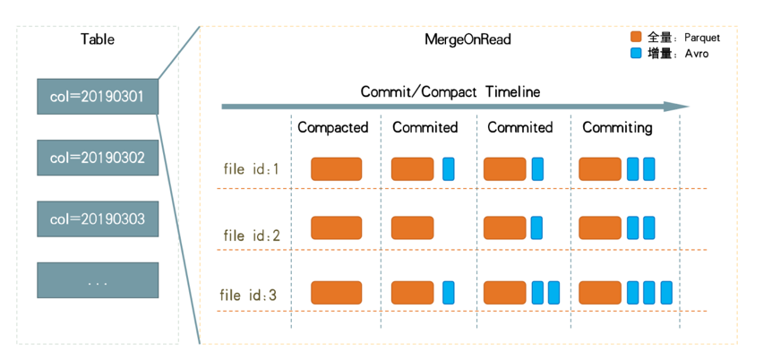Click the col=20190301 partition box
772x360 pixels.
[98, 97]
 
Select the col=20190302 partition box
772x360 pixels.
[98, 158]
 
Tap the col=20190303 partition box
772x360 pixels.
[98, 219]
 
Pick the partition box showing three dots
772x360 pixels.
[98, 280]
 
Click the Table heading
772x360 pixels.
[98, 39]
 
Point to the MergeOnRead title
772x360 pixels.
[467, 39]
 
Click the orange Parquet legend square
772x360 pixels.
[636, 37]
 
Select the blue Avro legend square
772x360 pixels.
[636, 53]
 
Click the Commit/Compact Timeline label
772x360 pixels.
[450, 91]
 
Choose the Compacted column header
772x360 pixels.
[333, 127]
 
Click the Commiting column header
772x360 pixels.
[617, 127]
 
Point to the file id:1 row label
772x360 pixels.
[251, 169]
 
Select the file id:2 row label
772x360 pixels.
[252, 236]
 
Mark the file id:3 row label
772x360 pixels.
[248, 296]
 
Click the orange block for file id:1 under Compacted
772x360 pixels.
[336, 169]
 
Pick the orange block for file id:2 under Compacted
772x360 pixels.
[336, 228]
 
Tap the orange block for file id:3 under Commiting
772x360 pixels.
[600, 293]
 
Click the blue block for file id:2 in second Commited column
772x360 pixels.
[537, 228]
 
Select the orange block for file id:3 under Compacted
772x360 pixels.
[336, 293]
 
